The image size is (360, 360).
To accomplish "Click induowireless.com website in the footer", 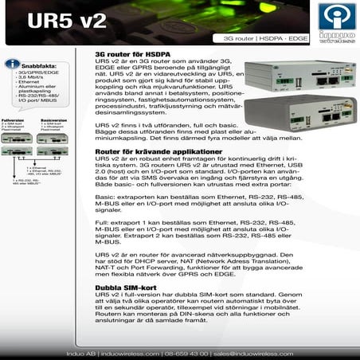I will pos(122,351).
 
